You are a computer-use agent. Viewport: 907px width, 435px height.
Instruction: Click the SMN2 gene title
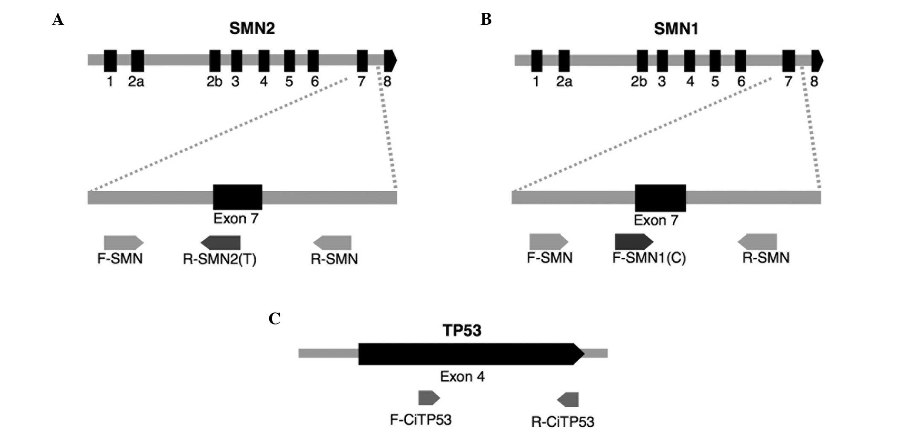click(x=252, y=29)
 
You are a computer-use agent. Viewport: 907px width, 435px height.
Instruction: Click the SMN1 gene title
click(x=676, y=29)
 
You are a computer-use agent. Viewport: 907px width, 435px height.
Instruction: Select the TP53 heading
click(x=462, y=330)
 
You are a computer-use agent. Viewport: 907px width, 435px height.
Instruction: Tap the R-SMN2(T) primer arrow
click(x=221, y=242)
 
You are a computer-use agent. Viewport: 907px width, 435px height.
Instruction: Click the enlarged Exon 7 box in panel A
click(x=238, y=197)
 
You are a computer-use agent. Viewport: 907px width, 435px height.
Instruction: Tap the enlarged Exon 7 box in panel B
click(x=660, y=198)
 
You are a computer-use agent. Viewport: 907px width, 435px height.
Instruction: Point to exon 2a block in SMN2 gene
click(x=137, y=61)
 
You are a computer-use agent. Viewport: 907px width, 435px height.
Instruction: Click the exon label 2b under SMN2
click(x=214, y=81)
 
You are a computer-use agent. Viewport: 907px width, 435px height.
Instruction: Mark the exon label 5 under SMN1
click(x=715, y=81)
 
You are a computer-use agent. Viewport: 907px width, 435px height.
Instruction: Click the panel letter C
click(x=274, y=318)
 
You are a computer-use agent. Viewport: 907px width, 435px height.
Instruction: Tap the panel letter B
click(x=485, y=19)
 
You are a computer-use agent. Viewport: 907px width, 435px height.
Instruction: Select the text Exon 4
click(x=462, y=377)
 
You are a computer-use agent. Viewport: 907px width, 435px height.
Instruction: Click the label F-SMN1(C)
click(x=649, y=258)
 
